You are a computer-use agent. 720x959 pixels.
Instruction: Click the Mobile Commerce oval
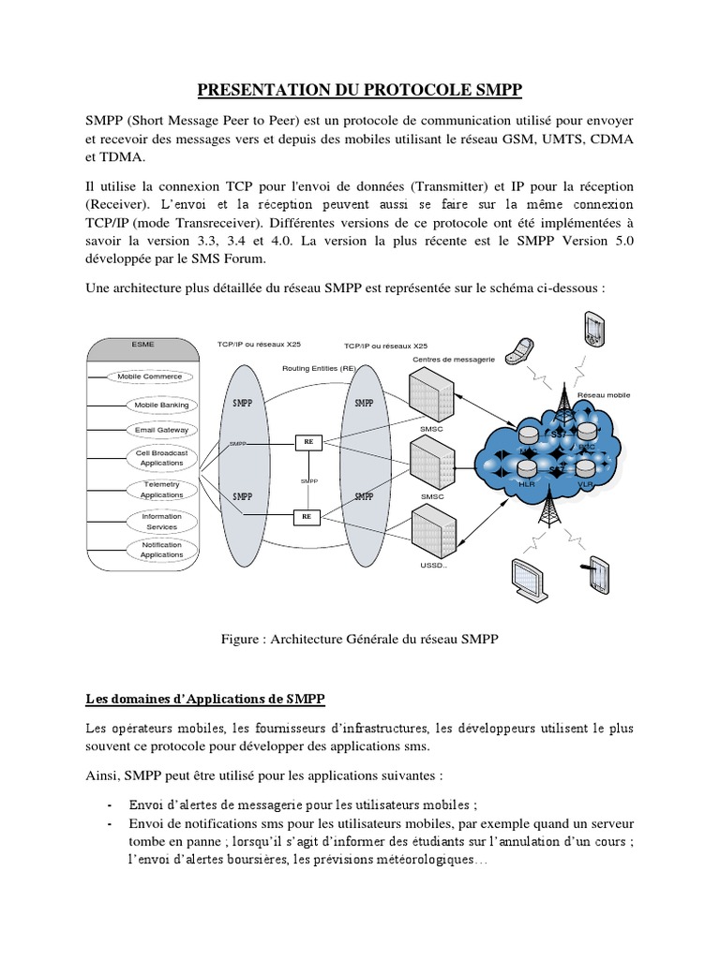click(x=149, y=376)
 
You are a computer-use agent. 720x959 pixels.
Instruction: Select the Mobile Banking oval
click(x=161, y=405)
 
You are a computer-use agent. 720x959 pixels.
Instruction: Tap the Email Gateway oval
click(x=161, y=430)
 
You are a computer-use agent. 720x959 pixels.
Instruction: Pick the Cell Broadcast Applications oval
click(x=161, y=457)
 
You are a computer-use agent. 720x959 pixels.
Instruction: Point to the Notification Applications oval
click(x=161, y=550)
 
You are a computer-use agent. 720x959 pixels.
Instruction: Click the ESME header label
click(x=143, y=344)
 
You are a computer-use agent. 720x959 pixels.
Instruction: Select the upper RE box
click(x=307, y=440)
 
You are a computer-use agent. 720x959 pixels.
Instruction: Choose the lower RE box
click(x=307, y=515)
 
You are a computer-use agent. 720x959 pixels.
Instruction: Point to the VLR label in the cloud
click(x=586, y=484)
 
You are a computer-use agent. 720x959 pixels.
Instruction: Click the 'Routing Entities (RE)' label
click(x=319, y=368)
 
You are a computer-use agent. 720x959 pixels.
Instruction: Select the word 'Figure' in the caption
click(x=241, y=640)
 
